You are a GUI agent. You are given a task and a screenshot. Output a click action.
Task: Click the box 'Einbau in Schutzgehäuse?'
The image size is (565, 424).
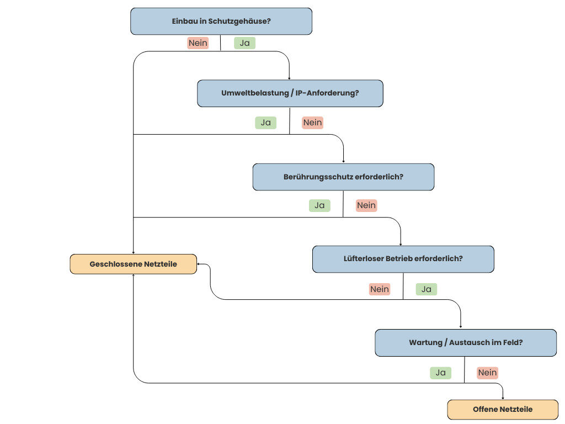[221, 22]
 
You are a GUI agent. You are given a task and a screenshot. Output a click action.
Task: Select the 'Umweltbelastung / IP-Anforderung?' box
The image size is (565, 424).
[290, 93]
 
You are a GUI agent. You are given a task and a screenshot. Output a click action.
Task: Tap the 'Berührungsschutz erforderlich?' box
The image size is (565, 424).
[343, 177]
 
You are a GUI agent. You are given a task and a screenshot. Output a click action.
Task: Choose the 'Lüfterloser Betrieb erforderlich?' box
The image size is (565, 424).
[403, 259]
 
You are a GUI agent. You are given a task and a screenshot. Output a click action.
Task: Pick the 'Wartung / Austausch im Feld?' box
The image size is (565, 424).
[466, 342]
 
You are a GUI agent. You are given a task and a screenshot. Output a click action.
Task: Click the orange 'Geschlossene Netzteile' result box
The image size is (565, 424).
[133, 264]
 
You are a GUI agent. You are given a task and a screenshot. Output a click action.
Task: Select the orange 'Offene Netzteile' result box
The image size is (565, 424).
[502, 409]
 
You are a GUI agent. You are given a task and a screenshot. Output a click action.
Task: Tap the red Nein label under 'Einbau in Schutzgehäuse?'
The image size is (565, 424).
[198, 43]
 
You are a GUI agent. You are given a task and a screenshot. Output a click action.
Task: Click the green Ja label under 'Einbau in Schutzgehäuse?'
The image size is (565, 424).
[244, 43]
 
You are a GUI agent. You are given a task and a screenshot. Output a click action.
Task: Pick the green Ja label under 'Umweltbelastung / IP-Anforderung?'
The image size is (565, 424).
[265, 123]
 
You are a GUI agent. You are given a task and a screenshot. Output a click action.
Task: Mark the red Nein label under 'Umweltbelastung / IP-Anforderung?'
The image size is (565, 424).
[312, 123]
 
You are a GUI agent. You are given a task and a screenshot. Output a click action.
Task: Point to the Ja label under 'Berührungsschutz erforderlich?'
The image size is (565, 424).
[319, 205]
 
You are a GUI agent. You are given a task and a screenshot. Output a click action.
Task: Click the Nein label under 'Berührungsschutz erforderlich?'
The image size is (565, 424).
[366, 205]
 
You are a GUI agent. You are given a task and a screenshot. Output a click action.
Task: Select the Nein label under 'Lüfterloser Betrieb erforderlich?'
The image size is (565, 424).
[380, 289]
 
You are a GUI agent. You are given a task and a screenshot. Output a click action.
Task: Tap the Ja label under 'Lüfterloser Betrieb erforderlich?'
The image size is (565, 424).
[427, 289]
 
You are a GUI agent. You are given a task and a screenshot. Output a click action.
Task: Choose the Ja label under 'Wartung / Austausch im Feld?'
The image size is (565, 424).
[440, 373]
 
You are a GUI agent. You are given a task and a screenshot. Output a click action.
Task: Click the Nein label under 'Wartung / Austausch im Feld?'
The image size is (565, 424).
[487, 373]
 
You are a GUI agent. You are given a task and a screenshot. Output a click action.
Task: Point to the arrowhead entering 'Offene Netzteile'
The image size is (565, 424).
[503, 398]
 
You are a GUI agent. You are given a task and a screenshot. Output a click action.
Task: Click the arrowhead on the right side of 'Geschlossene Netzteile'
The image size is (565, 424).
[199, 264]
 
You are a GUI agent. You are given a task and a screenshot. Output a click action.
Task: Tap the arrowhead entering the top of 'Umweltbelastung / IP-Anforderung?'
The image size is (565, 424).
[289, 78]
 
